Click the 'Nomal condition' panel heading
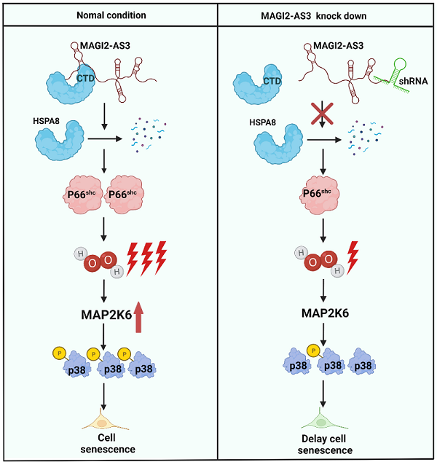[x=109, y=14]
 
